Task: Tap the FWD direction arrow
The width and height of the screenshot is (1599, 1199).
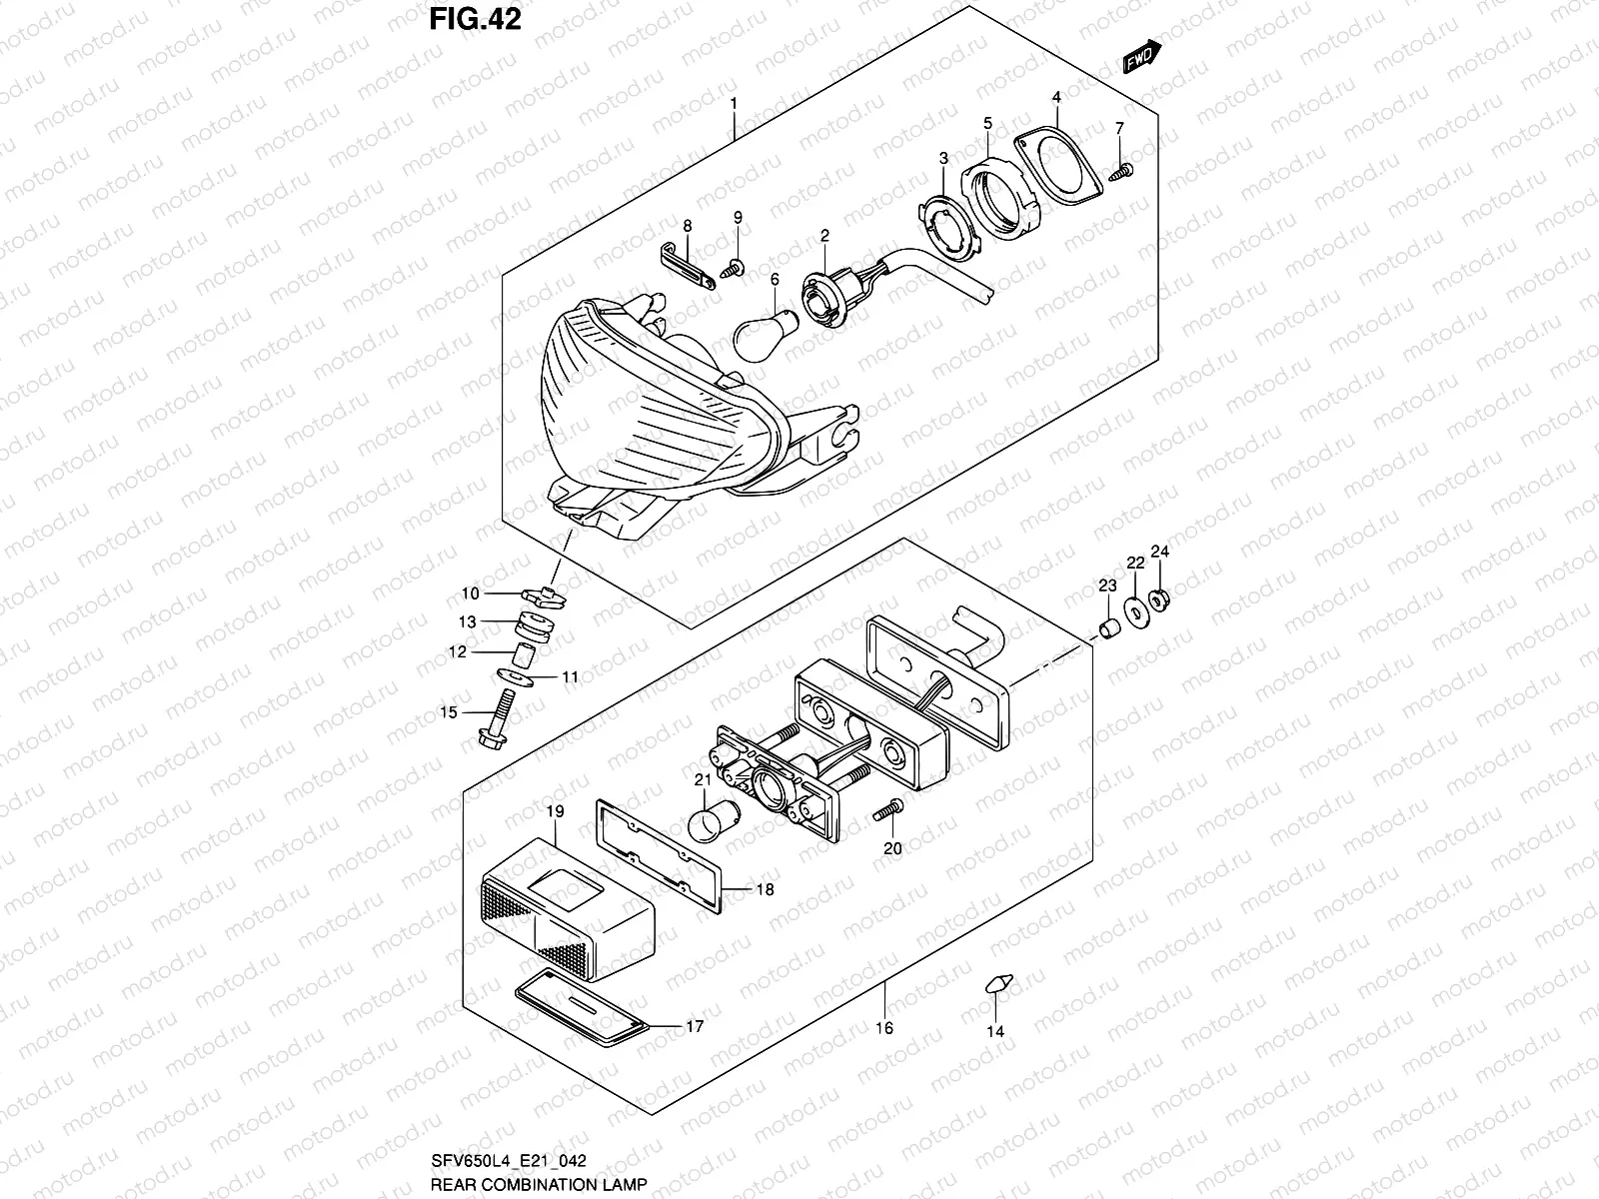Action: click(1139, 59)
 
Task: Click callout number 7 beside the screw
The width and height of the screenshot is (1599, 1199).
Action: click(1119, 128)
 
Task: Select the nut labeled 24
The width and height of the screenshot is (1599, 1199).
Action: click(1161, 600)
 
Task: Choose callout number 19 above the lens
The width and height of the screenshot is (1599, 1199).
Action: click(556, 812)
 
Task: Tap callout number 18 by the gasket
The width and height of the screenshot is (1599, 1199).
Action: click(765, 889)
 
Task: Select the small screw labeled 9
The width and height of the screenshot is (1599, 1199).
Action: click(733, 268)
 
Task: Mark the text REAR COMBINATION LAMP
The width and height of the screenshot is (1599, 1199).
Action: click(539, 1184)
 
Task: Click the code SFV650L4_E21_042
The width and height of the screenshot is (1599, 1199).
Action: click(509, 1160)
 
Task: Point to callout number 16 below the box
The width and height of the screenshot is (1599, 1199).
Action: click(884, 1028)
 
